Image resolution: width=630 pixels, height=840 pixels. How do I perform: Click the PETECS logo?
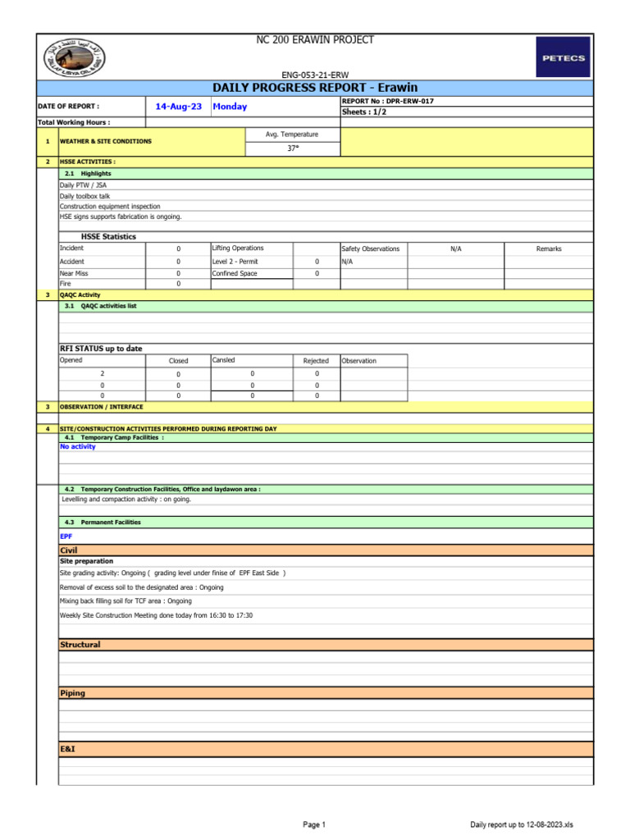562,57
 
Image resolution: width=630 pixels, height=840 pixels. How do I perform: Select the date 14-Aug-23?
178,107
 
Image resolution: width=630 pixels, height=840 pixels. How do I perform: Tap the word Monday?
230,107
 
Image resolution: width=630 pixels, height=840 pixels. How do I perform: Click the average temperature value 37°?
292,148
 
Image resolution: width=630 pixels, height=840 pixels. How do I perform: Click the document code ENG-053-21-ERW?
315,75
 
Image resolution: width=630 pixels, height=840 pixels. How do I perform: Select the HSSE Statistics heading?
108,236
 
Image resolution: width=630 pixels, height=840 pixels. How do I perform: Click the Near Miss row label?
74,273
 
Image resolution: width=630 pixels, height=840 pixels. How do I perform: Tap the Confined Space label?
235,273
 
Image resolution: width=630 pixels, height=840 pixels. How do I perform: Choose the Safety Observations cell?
371,249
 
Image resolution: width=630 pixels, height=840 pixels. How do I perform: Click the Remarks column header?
549,249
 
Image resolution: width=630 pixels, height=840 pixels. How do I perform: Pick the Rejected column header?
316,361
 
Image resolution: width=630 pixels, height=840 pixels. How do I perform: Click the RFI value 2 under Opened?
102,374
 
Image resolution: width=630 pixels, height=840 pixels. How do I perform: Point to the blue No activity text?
78,447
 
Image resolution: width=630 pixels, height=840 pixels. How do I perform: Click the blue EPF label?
66,536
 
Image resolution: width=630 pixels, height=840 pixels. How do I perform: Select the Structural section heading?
80,645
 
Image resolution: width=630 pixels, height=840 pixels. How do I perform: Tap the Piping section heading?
73,693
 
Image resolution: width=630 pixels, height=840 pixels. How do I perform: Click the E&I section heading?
68,749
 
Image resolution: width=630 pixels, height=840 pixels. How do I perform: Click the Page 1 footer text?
314,824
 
